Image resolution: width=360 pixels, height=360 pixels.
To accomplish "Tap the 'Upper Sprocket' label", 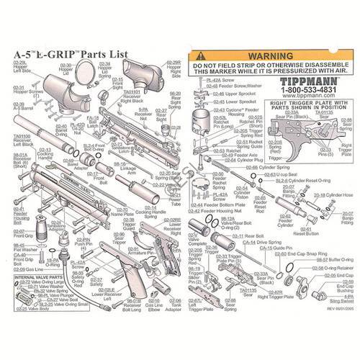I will tap(230, 94).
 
